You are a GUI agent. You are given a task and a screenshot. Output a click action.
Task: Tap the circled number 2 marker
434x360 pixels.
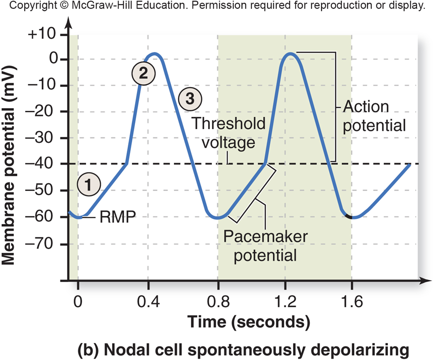(144, 73)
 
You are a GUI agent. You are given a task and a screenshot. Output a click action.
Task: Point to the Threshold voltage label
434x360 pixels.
(229, 133)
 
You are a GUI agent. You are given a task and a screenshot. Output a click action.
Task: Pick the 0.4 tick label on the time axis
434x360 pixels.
(148, 302)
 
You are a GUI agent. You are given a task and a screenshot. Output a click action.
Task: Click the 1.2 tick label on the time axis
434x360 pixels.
(284, 302)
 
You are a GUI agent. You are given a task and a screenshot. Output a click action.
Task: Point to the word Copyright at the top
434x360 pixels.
(27, 6)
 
